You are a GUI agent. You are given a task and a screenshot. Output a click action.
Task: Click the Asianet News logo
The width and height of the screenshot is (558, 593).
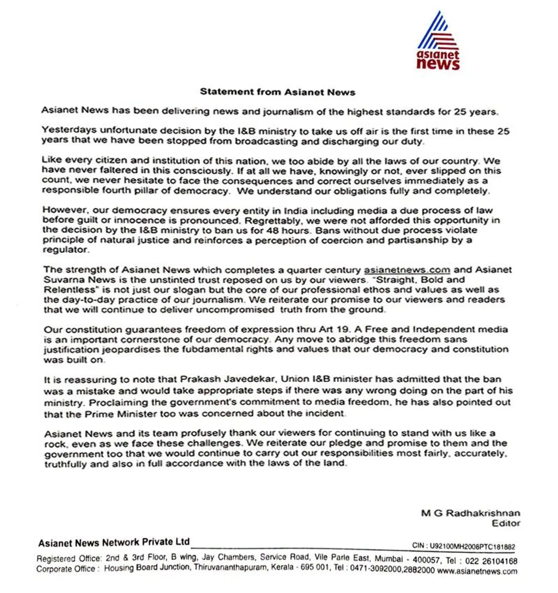tap(438, 41)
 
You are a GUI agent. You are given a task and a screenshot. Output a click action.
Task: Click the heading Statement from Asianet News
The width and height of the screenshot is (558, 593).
tap(277, 92)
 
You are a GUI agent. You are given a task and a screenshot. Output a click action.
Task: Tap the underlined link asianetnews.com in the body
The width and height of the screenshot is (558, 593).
tap(407, 270)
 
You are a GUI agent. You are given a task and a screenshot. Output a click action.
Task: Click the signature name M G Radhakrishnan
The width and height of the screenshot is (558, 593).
tap(470, 513)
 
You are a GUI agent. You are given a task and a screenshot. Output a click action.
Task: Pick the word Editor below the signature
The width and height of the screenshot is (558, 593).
tap(506, 523)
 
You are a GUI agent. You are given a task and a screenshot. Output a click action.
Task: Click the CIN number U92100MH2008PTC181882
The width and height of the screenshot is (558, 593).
tap(472, 546)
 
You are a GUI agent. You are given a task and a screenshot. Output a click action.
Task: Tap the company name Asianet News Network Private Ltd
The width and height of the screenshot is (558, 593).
tap(114, 542)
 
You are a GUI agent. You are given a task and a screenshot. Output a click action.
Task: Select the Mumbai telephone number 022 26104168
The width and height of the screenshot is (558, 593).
tap(491, 561)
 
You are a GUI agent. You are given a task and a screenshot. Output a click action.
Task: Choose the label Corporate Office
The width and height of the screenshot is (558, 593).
tap(66, 569)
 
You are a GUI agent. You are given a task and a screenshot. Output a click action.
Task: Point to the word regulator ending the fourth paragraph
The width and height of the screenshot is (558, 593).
tap(66, 250)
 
